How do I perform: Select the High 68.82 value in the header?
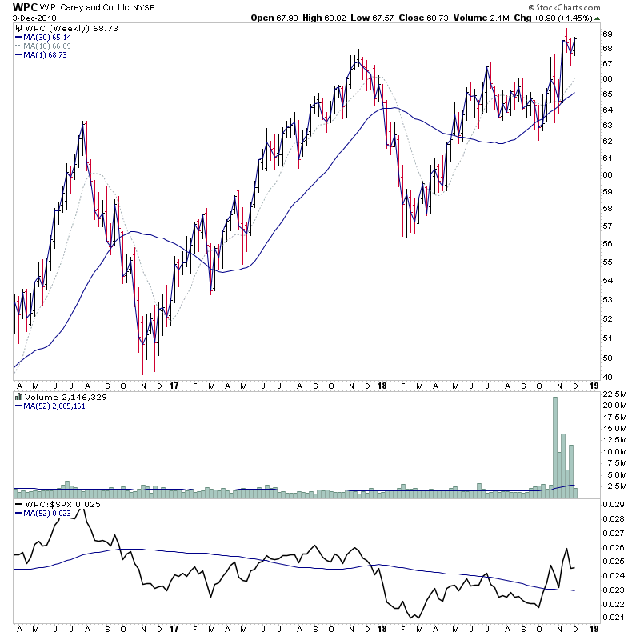click(325, 18)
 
